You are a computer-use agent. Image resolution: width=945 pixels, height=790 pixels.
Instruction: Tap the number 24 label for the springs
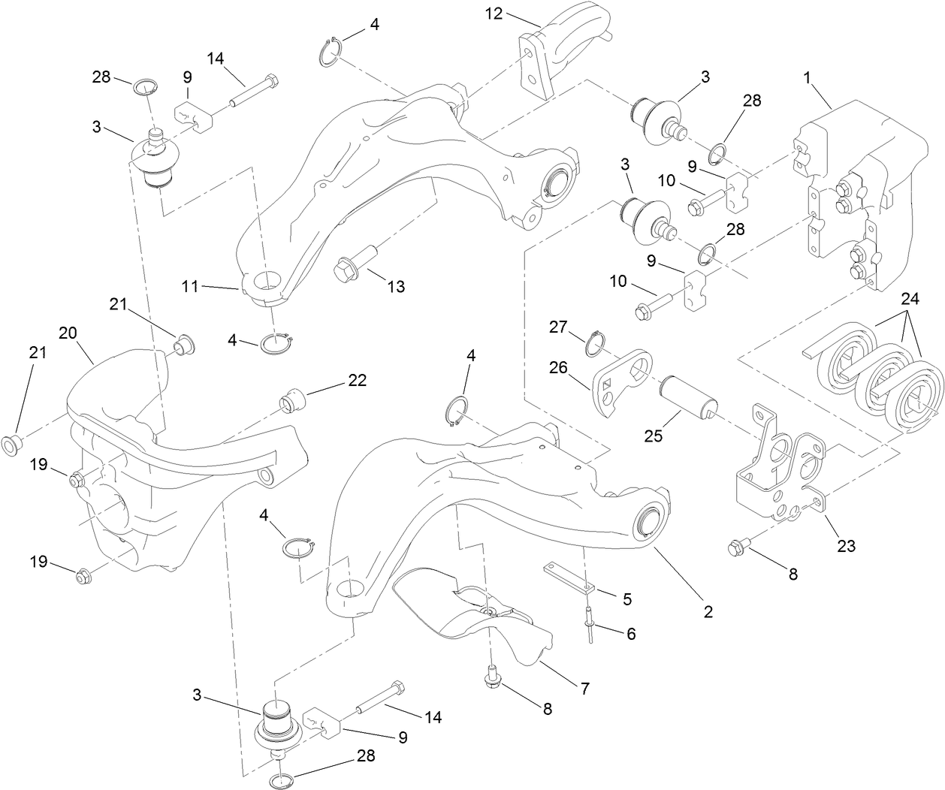tap(910, 299)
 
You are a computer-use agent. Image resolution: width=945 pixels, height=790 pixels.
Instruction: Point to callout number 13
tap(396, 286)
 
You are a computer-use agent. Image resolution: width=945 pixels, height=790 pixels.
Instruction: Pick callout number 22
tap(356, 381)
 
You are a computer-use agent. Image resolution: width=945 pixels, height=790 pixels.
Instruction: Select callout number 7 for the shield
tap(584, 687)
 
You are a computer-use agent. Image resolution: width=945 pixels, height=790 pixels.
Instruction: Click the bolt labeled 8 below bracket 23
tap(737, 548)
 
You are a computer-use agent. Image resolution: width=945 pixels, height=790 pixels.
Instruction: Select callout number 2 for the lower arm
tap(708, 612)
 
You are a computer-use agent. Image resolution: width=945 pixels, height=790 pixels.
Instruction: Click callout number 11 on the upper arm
tap(189, 286)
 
